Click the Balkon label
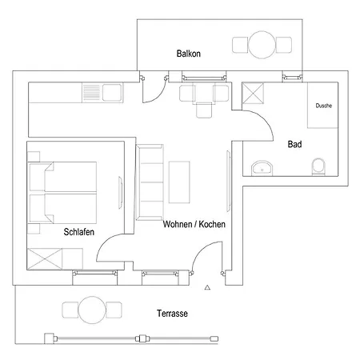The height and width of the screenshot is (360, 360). click(189, 54)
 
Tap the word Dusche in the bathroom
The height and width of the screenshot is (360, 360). click(324, 106)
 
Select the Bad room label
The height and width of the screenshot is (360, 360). click(294, 144)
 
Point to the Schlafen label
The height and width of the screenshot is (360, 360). click(79, 232)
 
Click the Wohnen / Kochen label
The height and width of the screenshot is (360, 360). click(194, 224)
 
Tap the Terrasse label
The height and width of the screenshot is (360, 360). click(172, 314)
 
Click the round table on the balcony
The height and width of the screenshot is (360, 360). click(262, 45)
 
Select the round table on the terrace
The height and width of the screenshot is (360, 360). click(92, 310)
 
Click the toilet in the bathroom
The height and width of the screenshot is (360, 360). click(318, 166)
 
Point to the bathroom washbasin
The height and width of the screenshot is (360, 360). click(262, 168)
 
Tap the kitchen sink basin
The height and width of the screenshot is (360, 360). click(112, 93)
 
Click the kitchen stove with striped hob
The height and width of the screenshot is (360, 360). click(91, 92)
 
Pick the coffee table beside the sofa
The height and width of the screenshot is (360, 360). click(179, 182)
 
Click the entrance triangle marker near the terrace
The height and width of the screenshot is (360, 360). click(207, 287)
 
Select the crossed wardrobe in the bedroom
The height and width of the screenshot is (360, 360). click(45, 258)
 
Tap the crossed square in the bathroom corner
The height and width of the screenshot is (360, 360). click(253, 93)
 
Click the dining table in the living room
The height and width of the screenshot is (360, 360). click(204, 93)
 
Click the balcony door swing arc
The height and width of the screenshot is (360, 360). click(160, 94)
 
